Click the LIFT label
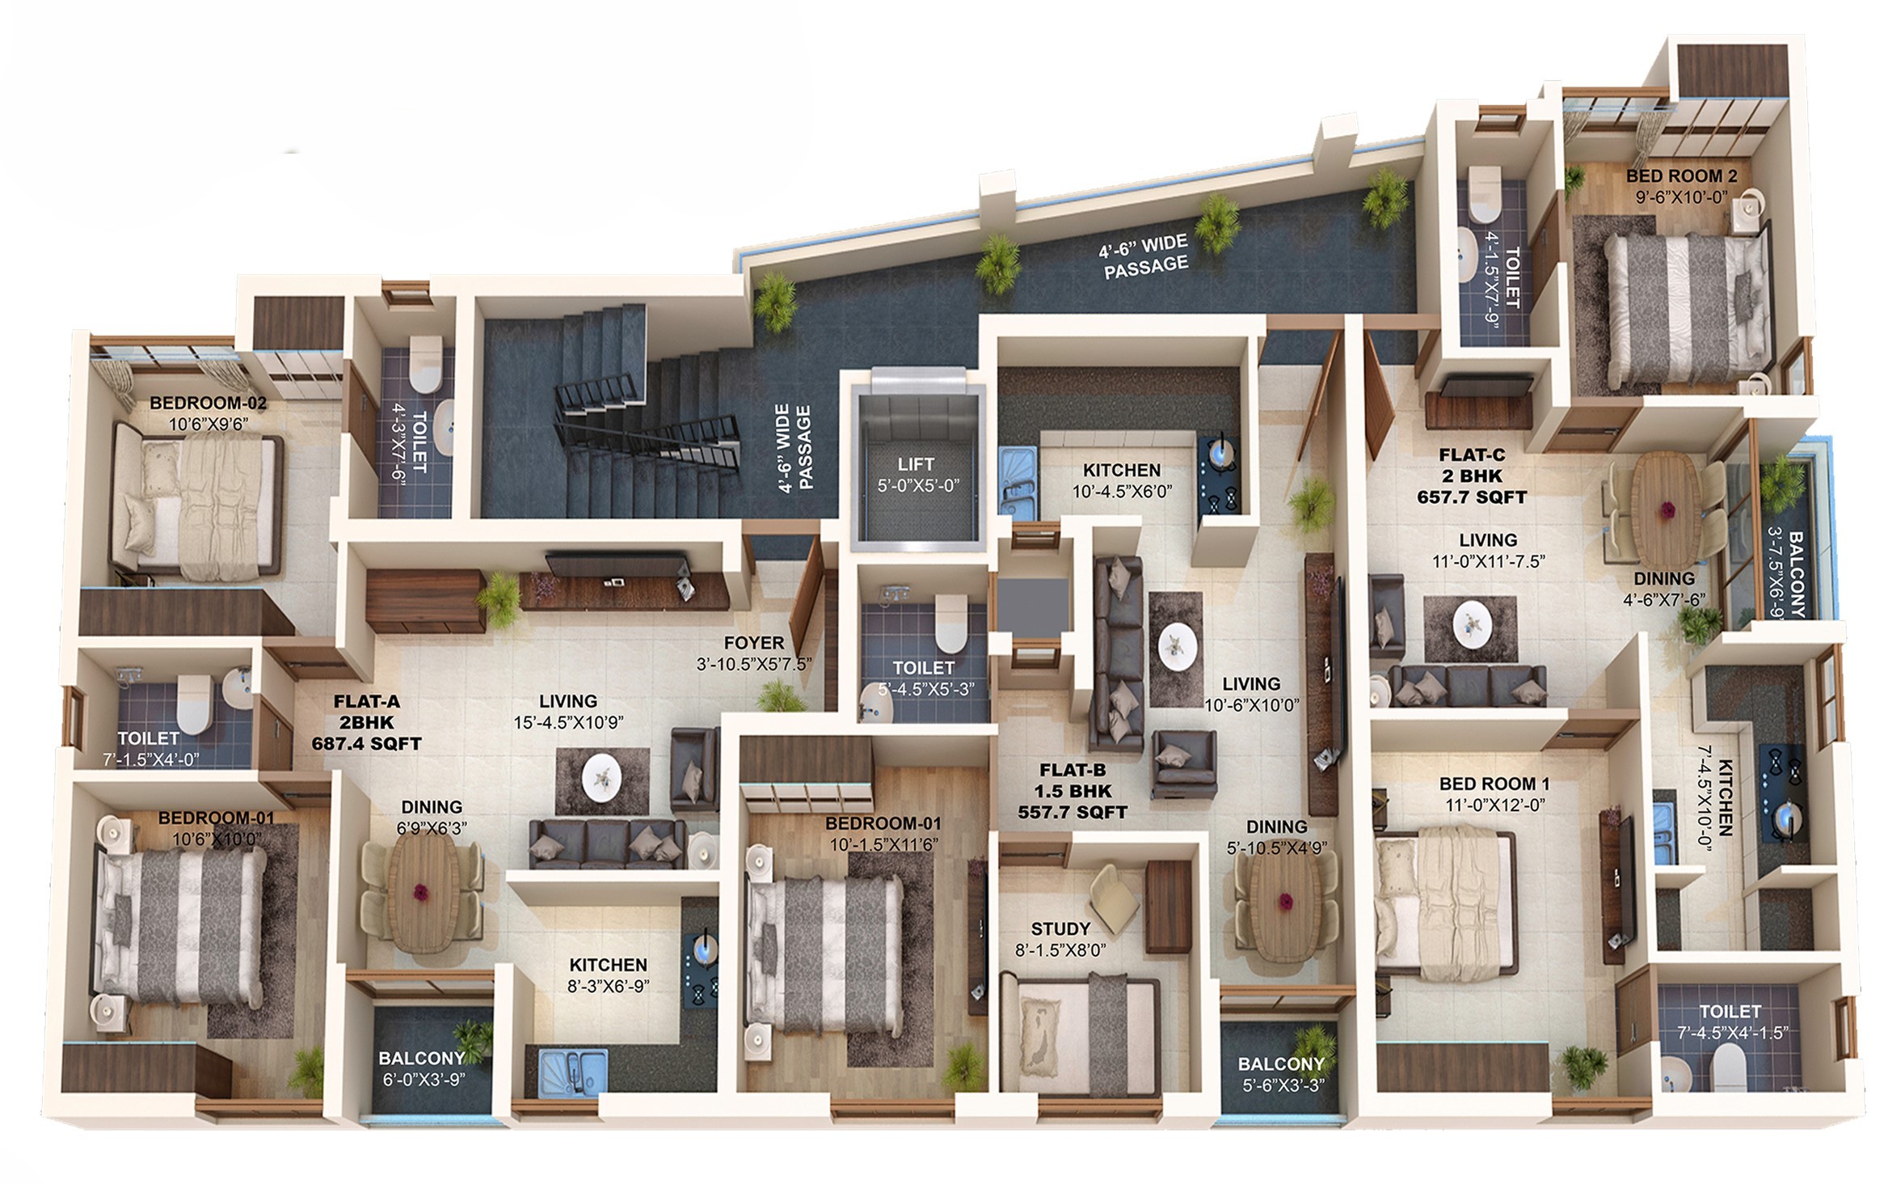916,464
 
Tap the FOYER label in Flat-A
754,643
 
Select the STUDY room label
1060,928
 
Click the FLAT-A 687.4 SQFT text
367,723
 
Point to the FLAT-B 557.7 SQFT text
1073,791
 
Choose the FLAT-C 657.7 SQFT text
1472,476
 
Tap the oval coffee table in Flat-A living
602,780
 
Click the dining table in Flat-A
421,890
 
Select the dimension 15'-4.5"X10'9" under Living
569,722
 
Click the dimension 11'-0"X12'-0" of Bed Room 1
1495,806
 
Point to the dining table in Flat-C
1667,509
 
